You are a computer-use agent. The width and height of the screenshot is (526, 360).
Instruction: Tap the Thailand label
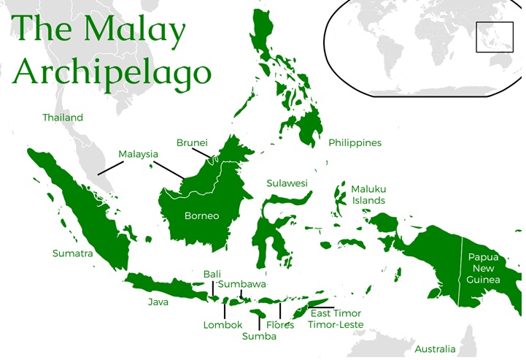pos(63,118)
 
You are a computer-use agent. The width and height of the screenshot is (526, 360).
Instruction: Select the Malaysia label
pos(139,154)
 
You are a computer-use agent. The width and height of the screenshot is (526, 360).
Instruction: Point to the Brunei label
pos(193,142)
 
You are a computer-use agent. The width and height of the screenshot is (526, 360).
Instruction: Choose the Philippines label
pos(355,143)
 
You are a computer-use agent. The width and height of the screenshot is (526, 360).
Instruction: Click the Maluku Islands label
pos(368,194)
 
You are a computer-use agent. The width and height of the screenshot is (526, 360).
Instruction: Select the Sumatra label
pos(72,253)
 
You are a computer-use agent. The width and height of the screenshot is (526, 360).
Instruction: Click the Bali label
pos(212,274)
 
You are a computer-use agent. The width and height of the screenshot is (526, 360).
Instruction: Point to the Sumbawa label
pos(242,284)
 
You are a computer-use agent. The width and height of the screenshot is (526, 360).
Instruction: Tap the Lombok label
pos(223,325)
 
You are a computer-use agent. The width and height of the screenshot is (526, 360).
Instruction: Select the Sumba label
pos(259,337)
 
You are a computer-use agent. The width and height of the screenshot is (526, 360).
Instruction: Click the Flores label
pos(280,325)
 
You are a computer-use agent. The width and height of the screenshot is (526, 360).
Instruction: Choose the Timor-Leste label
pos(336,324)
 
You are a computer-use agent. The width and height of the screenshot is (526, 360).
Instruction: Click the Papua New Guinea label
pos(484,269)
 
